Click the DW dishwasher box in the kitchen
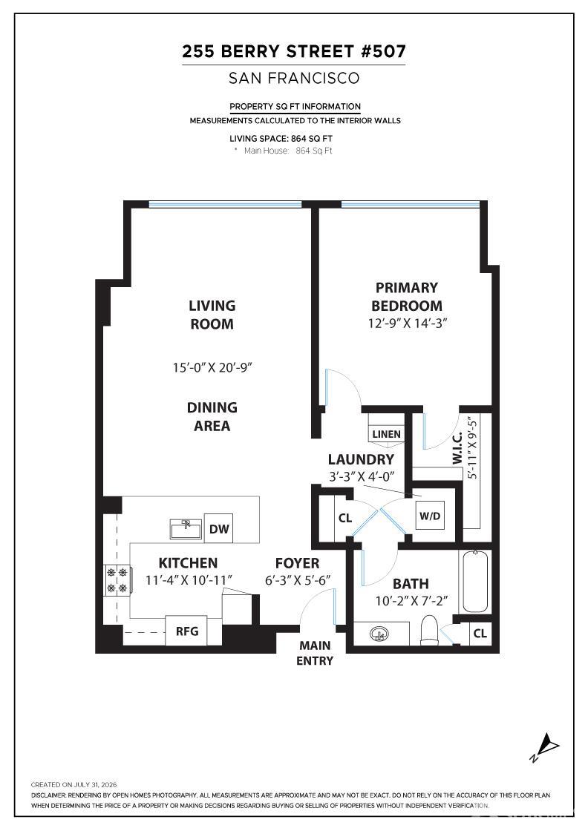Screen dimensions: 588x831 coord(218,528)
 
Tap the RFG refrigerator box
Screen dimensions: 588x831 coord(186,631)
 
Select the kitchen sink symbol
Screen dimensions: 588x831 coord(186,529)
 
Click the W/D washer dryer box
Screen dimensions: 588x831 coord(429,516)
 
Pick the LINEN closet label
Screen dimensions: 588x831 coord(387,434)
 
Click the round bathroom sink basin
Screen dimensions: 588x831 coord(380,634)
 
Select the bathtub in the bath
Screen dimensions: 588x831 coord(476,582)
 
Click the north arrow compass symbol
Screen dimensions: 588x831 coord(545,747)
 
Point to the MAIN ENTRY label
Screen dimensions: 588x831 coord(315,653)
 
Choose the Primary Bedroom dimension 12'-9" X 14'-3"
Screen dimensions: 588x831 coord(408,323)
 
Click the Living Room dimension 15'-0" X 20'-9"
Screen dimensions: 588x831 coord(212,367)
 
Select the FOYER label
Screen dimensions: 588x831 coord(298,563)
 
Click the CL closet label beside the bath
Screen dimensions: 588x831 coord(480,633)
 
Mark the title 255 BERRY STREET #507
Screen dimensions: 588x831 coord(294,51)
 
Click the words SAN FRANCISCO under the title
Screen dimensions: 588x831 coord(294,79)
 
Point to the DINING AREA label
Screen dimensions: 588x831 coord(212,416)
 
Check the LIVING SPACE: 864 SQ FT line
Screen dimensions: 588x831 coord(281,138)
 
